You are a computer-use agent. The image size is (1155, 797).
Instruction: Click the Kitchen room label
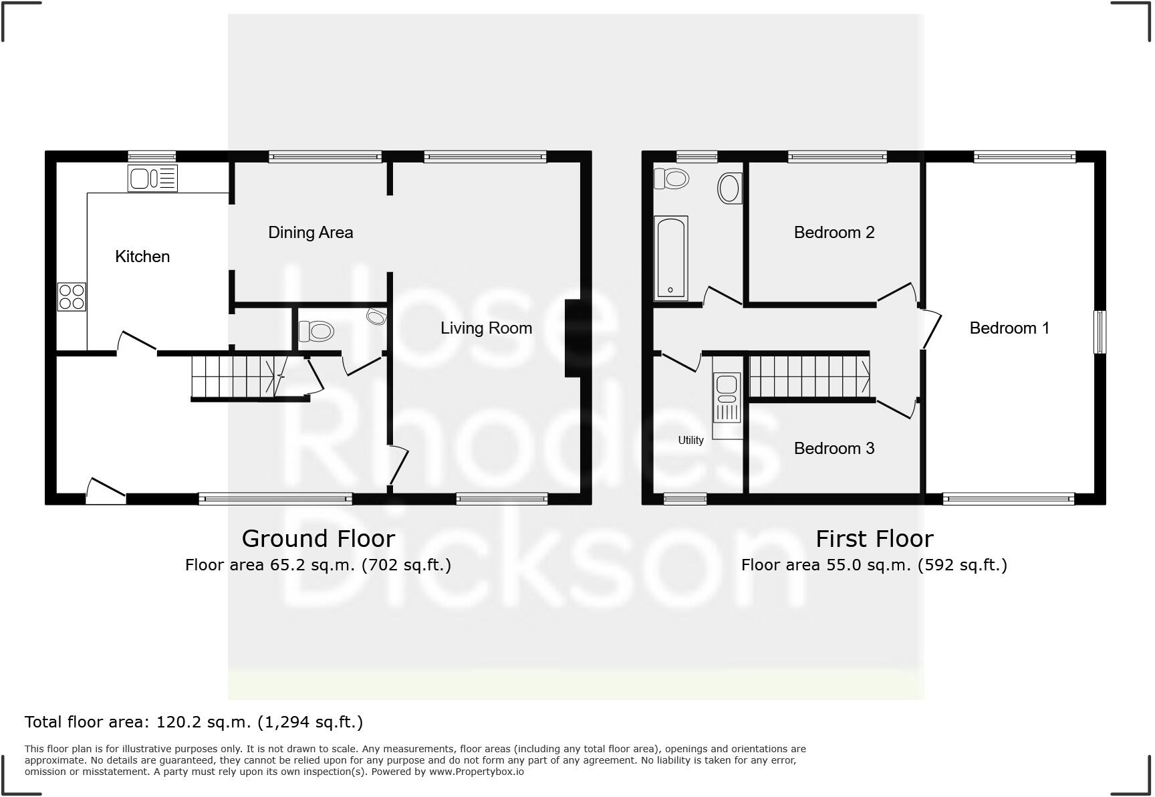pos(142,257)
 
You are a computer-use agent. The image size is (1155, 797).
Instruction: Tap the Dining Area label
pos(310,233)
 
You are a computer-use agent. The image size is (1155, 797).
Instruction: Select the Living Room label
pos(486,328)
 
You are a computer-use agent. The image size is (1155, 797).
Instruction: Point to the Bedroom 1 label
pos(1009,328)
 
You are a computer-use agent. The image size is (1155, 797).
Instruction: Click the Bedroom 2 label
pos(833,233)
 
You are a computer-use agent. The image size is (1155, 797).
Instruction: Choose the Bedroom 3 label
pos(833,449)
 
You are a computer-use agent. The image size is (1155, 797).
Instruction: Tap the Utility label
pos(690,441)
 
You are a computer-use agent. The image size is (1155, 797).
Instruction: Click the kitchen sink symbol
pos(152,179)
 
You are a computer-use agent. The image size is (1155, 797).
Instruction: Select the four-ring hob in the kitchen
pos(72,297)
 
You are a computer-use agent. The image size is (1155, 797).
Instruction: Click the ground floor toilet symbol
pos(316,331)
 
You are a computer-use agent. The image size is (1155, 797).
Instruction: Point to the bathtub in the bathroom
pos(670,257)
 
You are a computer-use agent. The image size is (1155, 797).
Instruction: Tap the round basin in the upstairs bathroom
pos(729,189)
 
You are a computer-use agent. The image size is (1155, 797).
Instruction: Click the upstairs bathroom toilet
pos(672,179)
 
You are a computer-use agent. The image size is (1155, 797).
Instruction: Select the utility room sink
pos(727,397)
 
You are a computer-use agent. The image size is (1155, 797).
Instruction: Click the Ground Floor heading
pos(318,539)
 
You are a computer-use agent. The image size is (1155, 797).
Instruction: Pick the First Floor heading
pos(874,539)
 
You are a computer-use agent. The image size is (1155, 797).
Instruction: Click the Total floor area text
pos(194,722)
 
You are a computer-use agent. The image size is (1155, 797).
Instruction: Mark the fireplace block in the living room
pos(573,338)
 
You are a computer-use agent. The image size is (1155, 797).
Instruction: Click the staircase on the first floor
pos(809,376)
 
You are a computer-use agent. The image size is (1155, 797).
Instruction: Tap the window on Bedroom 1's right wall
pos(1099,332)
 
